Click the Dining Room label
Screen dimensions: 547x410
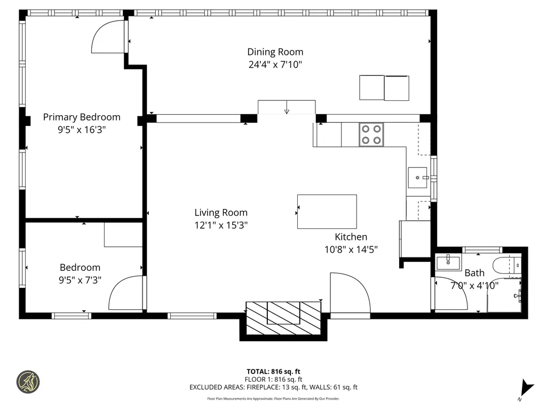(x=275, y=52)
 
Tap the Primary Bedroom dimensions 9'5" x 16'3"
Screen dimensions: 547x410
(x=82, y=130)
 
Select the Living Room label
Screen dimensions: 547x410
(x=221, y=212)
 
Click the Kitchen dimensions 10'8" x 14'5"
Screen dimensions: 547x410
(x=351, y=250)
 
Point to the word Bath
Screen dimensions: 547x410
(x=474, y=272)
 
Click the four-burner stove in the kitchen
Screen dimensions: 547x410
(x=371, y=134)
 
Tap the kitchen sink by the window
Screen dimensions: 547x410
(x=418, y=178)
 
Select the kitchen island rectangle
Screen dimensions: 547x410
(x=327, y=212)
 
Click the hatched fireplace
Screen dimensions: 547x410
(x=283, y=318)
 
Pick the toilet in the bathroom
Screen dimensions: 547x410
(x=506, y=266)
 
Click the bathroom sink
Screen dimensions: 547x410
(x=448, y=262)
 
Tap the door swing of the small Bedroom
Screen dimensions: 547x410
(x=118, y=287)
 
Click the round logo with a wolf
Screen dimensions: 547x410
(x=28, y=382)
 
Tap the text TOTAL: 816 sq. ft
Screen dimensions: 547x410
(x=273, y=372)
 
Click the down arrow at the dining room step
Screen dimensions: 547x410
(x=287, y=107)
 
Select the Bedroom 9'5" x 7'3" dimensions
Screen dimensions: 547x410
(x=80, y=280)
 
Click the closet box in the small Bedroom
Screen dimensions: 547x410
(x=123, y=235)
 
